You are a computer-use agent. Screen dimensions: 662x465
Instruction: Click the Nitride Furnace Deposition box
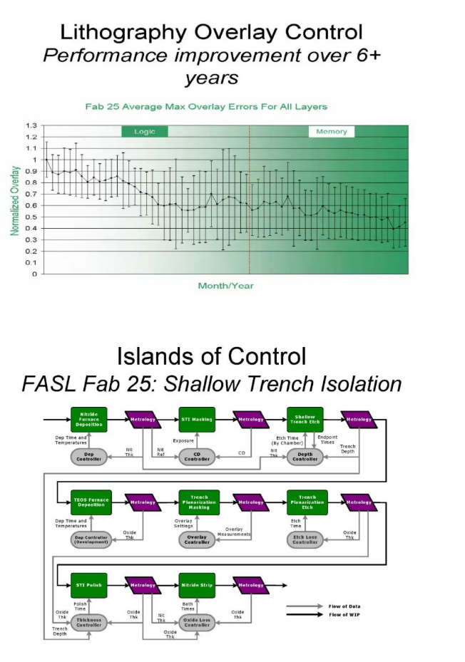[88, 420]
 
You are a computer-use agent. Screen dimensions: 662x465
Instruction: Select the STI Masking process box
[198, 420]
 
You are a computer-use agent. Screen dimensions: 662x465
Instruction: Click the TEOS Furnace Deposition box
[88, 502]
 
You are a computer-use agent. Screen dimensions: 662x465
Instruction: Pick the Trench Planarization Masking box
[198, 502]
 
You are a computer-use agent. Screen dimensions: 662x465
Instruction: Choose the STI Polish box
[88, 585]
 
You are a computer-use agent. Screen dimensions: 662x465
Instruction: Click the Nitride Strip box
[198, 585]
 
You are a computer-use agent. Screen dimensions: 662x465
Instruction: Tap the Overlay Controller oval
[198, 540]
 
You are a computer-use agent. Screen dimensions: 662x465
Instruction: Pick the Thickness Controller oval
[88, 621]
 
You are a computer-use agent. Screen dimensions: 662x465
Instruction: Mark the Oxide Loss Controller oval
[198, 621]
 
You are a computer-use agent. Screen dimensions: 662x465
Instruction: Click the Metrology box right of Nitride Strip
[251, 585]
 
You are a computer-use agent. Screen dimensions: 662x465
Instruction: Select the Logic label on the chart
[144, 131]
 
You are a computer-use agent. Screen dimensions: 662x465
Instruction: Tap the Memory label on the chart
[332, 131]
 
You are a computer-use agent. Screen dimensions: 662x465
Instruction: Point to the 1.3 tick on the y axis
[31, 126]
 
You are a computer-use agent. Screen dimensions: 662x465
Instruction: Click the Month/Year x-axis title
[225, 286]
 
